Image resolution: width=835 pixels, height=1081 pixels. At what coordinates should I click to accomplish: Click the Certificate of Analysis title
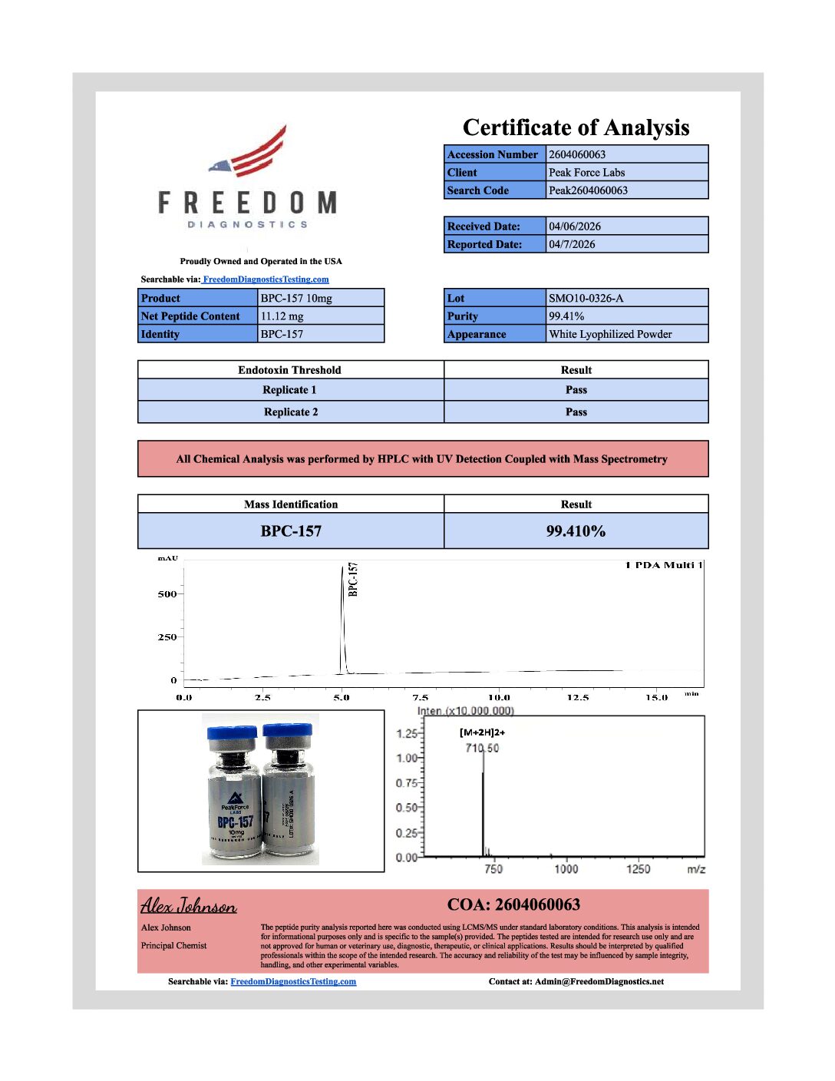click(576, 127)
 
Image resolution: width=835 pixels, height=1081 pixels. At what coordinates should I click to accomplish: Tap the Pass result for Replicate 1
click(576, 390)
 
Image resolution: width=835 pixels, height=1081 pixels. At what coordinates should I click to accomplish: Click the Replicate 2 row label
click(291, 412)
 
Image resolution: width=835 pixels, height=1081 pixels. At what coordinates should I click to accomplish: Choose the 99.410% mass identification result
click(576, 531)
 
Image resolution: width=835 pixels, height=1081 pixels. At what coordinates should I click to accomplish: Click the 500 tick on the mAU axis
click(167, 594)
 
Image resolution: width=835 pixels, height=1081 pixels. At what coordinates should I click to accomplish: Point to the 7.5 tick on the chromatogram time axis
click(420, 698)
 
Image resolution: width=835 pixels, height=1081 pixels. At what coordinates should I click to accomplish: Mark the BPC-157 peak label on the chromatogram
click(353, 579)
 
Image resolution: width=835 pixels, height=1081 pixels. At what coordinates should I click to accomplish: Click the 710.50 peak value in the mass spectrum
click(482, 748)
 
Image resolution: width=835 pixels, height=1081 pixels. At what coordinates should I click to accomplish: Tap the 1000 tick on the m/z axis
click(566, 869)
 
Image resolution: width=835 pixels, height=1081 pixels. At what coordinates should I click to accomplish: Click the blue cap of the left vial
click(231, 732)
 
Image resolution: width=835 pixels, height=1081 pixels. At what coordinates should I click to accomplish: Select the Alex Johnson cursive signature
click(188, 906)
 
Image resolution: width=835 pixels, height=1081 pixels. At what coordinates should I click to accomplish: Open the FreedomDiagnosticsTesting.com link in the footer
click(293, 981)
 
